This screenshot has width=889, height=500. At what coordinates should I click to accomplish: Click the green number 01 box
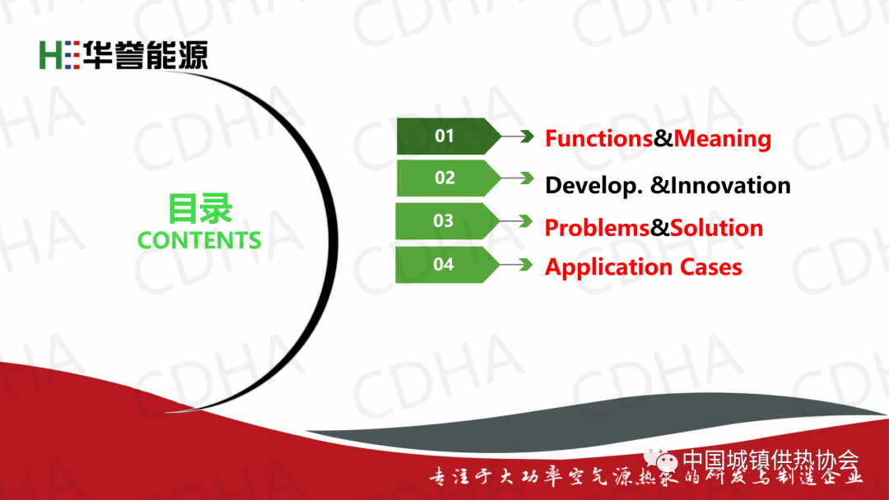click(448, 136)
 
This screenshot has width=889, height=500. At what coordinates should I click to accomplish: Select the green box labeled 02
click(448, 178)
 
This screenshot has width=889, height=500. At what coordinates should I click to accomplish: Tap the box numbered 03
click(447, 221)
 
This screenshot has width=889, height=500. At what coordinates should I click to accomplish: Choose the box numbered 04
click(447, 265)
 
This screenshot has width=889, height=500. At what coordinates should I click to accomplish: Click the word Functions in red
click(598, 138)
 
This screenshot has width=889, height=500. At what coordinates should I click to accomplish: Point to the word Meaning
click(723, 139)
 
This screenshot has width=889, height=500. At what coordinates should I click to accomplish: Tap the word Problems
click(597, 228)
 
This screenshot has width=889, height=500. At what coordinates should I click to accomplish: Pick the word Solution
click(717, 228)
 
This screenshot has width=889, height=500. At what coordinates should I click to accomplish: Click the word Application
click(607, 267)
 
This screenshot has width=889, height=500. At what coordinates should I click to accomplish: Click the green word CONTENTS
click(199, 240)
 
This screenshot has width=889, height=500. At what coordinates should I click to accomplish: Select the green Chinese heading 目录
click(200, 208)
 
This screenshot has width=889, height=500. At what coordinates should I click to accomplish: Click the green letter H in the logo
click(50, 55)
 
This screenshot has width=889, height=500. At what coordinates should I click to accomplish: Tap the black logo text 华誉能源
click(146, 55)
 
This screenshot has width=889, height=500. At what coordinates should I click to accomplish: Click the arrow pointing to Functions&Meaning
click(518, 136)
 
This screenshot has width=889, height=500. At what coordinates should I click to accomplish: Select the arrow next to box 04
click(516, 265)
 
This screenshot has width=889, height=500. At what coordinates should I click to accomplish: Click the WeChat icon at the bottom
click(661, 459)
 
